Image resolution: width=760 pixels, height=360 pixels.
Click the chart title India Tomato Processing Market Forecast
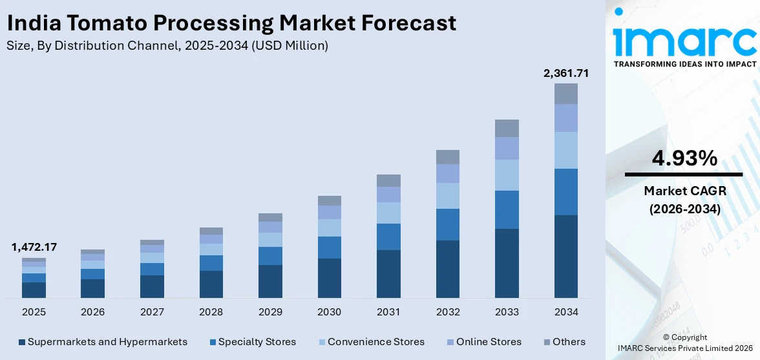click(231, 23)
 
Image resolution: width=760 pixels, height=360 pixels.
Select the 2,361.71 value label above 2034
click(565, 73)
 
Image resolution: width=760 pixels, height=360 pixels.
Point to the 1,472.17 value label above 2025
click(34, 247)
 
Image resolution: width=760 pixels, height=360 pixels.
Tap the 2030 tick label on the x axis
click(329, 312)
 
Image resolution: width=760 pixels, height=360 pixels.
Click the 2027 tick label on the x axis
click(152, 312)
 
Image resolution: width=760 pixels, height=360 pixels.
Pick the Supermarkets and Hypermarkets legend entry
click(103, 342)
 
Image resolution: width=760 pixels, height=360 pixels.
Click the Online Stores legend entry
click(483, 342)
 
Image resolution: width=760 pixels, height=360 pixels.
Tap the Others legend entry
click(564, 342)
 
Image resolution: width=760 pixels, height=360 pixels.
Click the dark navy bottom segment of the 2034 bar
click(565, 257)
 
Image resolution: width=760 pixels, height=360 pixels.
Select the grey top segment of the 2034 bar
click(565, 94)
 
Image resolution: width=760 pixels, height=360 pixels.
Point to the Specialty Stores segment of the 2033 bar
click(507, 209)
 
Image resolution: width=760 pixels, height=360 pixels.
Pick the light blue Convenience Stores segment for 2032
click(447, 196)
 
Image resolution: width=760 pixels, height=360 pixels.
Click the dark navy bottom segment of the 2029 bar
click(270, 281)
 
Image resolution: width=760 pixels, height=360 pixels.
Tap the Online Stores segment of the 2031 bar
click(388, 195)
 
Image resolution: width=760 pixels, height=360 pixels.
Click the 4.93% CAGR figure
click(683, 158)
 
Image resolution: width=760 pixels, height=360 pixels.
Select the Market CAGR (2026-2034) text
click(683, 200)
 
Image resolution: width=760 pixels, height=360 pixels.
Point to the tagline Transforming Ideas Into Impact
click(685, 64)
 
